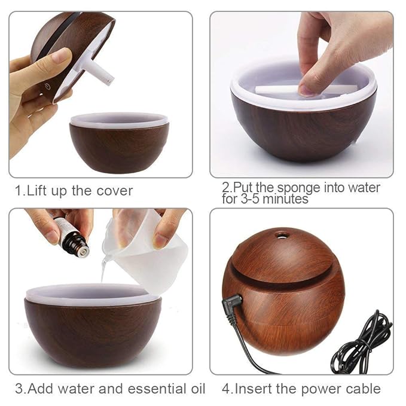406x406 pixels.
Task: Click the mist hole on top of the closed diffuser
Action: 280,234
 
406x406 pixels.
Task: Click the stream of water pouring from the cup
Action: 105,269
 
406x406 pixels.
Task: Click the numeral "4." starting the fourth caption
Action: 228,389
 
